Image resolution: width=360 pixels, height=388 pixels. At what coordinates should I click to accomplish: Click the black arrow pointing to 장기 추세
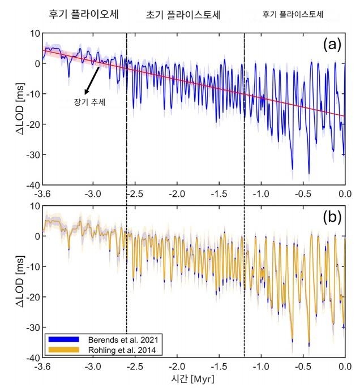click(x=92, y=80)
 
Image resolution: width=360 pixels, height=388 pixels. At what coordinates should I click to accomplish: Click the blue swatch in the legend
click(x=65, y=339)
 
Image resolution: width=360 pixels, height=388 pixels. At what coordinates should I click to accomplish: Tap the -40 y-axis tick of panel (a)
click(x=31, y=185)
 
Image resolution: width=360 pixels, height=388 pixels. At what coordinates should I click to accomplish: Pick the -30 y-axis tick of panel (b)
click(x=31, y=327)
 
